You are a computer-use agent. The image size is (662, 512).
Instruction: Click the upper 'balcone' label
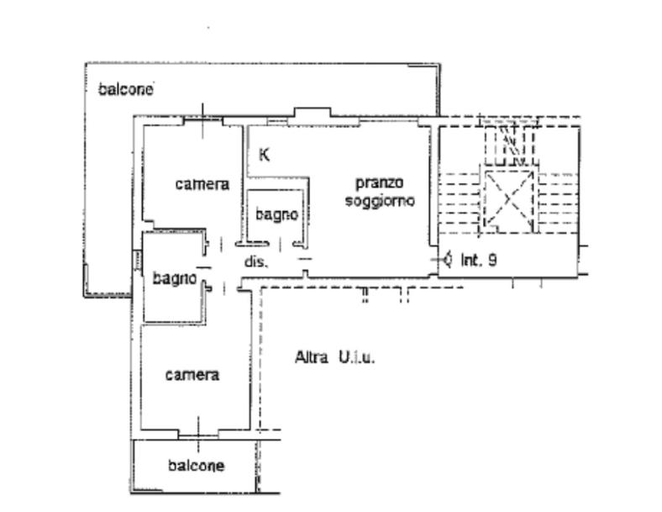(x=125, y=90)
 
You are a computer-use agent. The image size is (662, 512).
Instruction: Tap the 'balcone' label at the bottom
(x=196, y=466)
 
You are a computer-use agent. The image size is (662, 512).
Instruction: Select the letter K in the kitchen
(x=265, y=155)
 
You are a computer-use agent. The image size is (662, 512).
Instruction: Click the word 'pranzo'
(x=380, y=183)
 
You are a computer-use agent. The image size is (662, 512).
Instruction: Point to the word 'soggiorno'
(x=380, y=201)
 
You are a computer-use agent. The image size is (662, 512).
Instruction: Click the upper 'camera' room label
(x=202, y=184)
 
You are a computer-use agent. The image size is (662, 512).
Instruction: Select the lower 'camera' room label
(x=192, y=375)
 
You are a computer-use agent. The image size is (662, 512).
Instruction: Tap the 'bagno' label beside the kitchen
(x=277, y=215)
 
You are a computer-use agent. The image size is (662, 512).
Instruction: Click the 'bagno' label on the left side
(x=175, y=279)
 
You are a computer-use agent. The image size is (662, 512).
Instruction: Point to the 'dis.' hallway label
(x=256, y=262)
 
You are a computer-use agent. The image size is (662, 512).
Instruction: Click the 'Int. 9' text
(x=479, y=260)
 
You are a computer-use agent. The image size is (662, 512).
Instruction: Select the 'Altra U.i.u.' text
(x=335, y=358)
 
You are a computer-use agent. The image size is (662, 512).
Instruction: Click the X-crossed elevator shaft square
(x=508, y=201)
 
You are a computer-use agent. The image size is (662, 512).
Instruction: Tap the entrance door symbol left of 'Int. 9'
(x=445, y=260)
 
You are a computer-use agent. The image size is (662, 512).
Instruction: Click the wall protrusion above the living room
(x=313, y=113)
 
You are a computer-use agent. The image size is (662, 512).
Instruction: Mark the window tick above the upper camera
(x=203, y=120)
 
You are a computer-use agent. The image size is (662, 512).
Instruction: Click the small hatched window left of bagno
(x=137, y=260)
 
